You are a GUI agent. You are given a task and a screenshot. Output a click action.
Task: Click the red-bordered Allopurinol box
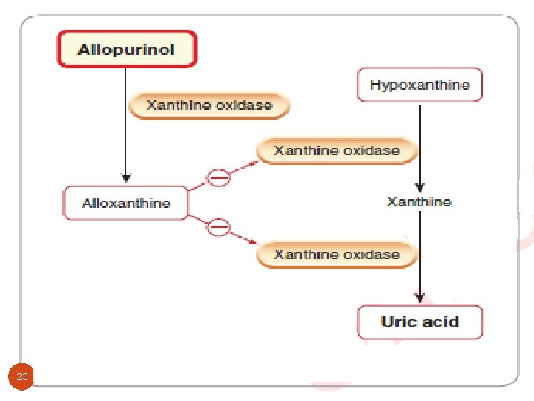127,50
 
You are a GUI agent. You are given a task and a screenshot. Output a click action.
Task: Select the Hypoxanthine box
419,85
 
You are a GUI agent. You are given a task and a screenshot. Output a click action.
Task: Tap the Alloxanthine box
125,203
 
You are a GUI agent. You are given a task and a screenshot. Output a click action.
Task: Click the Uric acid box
420,322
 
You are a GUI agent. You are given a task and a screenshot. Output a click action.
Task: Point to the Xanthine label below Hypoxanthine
419,202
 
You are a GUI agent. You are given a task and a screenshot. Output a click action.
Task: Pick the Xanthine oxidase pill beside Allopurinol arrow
209,105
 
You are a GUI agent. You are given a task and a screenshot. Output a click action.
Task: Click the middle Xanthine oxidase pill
337,151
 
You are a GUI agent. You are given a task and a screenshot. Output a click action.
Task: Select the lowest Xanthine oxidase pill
337,255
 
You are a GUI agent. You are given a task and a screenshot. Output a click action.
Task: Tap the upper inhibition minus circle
218,177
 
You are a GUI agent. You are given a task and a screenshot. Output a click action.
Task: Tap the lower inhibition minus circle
218,226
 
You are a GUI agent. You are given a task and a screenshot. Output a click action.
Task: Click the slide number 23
22,376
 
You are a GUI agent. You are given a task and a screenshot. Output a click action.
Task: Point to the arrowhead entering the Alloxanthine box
126,179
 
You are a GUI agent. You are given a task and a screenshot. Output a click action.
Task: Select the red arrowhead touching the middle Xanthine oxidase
254,159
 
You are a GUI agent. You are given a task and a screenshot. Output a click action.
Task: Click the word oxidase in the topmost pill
244,105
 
